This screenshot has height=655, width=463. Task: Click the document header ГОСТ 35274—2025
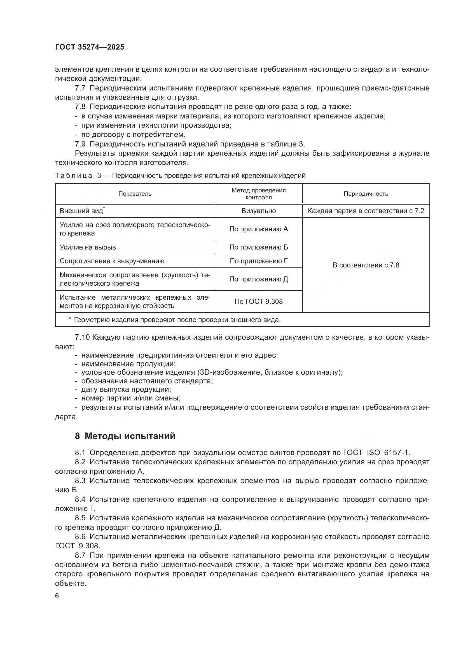[x=90, y=47]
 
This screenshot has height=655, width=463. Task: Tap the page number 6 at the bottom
[x=57, y=596]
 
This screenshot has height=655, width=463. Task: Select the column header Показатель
[x=135, y=194]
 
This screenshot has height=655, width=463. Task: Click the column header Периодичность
[x=366, y=194]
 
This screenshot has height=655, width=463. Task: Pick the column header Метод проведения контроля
[x=259, y=194]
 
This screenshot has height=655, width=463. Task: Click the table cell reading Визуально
[x=259, y=211]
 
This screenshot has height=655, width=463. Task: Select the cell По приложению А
[x=259, y=229]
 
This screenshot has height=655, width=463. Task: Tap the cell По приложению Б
[x=259, y=247]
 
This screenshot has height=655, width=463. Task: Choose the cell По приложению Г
[x=259, y=261]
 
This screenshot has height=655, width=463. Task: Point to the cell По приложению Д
[x=259, y=279]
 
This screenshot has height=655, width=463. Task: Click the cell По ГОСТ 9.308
[x=259, y=302]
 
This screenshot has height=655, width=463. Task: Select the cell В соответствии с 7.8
[x=366, y=265]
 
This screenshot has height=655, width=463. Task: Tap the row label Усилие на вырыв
[x=88, y=247]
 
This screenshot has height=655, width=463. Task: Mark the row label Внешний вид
[x=81, y=211]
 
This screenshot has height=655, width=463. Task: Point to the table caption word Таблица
[x=74, y=176]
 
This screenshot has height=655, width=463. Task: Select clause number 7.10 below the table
[x=82, y=337]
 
